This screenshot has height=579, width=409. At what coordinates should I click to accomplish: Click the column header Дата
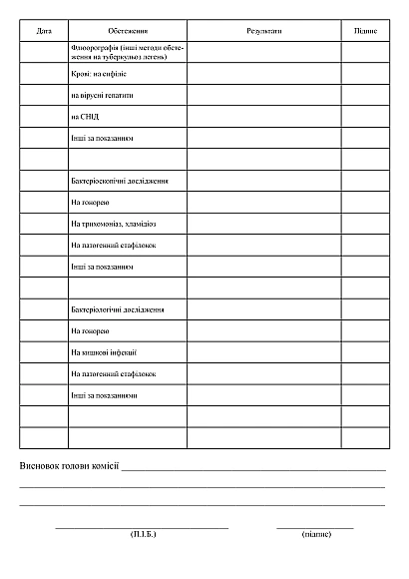click(x=44, y=32)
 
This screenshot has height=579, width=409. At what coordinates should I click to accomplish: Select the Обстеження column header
click(x=127, y=32)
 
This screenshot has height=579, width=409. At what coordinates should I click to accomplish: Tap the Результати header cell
click(x=263, y=32)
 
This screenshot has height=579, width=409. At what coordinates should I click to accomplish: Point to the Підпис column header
click(x=365, y=32)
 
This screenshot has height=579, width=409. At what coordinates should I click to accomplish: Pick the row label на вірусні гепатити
click(x=102, y=95)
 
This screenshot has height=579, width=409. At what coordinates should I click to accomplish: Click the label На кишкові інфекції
click(x=105, y=352)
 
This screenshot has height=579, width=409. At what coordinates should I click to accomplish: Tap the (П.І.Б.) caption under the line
click(x=143, y=534)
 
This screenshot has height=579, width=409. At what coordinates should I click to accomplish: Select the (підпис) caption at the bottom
click(x=315, y=534)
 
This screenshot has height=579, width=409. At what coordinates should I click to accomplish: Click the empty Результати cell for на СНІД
click(x=263, y=116)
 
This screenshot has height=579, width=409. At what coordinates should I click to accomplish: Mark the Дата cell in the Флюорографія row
click(x=44, y=52)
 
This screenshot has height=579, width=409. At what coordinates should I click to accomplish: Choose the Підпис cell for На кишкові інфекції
click(x=365, y=352)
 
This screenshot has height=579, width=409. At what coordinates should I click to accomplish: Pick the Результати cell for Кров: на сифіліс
click(x=263, y=74)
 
